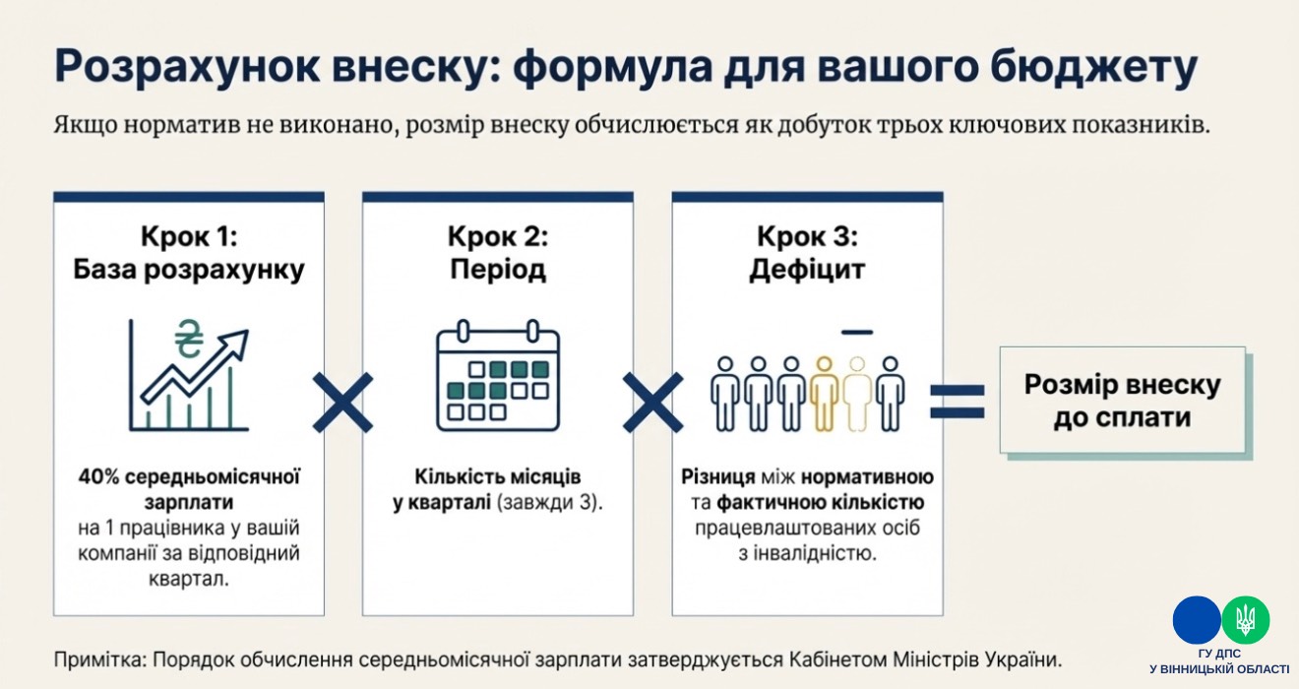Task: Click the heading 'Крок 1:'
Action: tap(188, 236)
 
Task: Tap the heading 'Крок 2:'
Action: tap(497, 236)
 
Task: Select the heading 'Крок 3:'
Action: tap(807, 236)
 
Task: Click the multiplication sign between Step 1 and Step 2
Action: tap(342, 402)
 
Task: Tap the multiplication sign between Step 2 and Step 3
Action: tap(652, 402)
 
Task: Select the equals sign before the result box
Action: tap(958, 401)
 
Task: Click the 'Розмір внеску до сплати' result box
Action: tap(1122, 400)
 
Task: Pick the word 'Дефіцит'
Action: tap(807, 270)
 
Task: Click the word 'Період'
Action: tap(497, 270)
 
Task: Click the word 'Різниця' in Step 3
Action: tap(717, 477)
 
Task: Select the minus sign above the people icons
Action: tap(857, 330)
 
